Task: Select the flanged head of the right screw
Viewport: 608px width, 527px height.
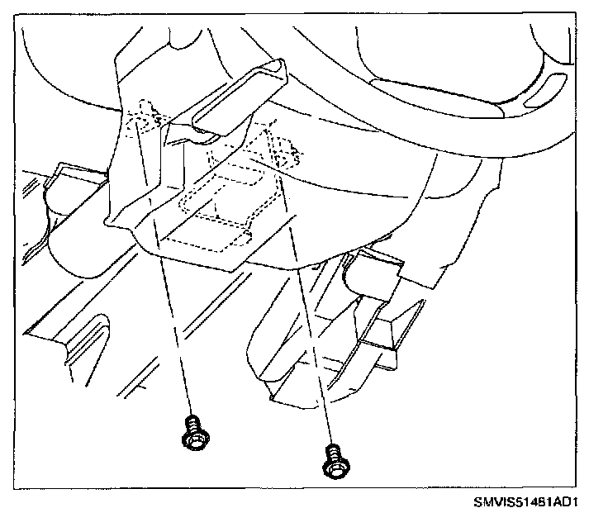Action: tap(335, 468)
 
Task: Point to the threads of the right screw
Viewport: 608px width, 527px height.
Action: tap(332, 452)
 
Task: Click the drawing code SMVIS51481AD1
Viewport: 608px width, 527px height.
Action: tap(525, 502)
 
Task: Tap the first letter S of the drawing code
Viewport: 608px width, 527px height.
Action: tap(477, 502)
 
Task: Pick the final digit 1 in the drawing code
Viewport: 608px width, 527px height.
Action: tap(572, 502)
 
